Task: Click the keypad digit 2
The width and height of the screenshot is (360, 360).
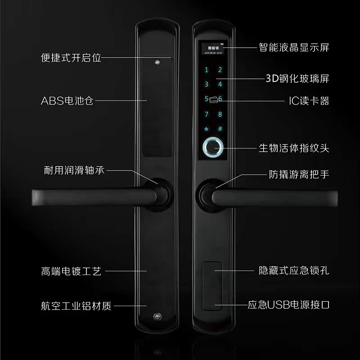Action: click(x=220, y=70)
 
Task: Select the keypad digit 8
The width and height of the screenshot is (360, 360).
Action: click(x=220, y=114)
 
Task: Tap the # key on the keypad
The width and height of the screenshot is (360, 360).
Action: click(x=220, y=129)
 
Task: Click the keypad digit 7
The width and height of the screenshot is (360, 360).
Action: click(x=207, y=114)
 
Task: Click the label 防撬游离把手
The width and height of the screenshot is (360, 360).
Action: click(x=299, y=174)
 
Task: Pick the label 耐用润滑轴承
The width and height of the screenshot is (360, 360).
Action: click(x=74, y=171)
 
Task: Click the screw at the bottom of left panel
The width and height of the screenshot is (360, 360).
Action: click(x=157, y=316)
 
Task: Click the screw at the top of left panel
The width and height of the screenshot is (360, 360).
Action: click(x=157, y=63)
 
